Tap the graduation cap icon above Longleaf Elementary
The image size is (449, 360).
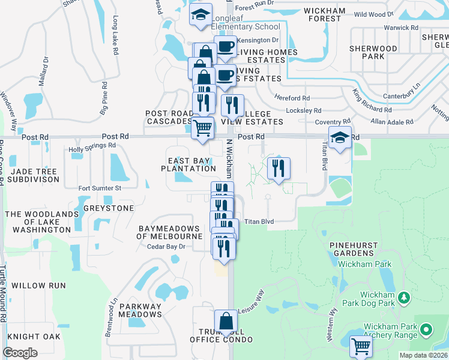click(200, 16)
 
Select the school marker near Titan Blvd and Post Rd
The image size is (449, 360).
click(340, 138)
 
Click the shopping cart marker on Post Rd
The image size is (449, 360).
click(203, 127)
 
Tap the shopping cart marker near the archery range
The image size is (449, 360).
click(361, 345)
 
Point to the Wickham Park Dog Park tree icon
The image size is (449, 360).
click(405, 297)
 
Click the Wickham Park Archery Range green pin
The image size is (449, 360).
click(426, 330)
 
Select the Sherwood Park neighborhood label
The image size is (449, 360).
click(380, 52)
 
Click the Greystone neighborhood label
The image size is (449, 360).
click(108, 209)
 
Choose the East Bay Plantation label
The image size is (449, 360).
click(188, 164)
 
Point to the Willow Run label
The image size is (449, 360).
click(38, 286)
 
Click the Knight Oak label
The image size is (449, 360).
click(34, 337)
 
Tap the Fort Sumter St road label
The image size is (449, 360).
click(100, 188)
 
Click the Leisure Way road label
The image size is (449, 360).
click(252, 303)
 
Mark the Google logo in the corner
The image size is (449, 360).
click(20, 353)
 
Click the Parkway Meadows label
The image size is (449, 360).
click(140, 310)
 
